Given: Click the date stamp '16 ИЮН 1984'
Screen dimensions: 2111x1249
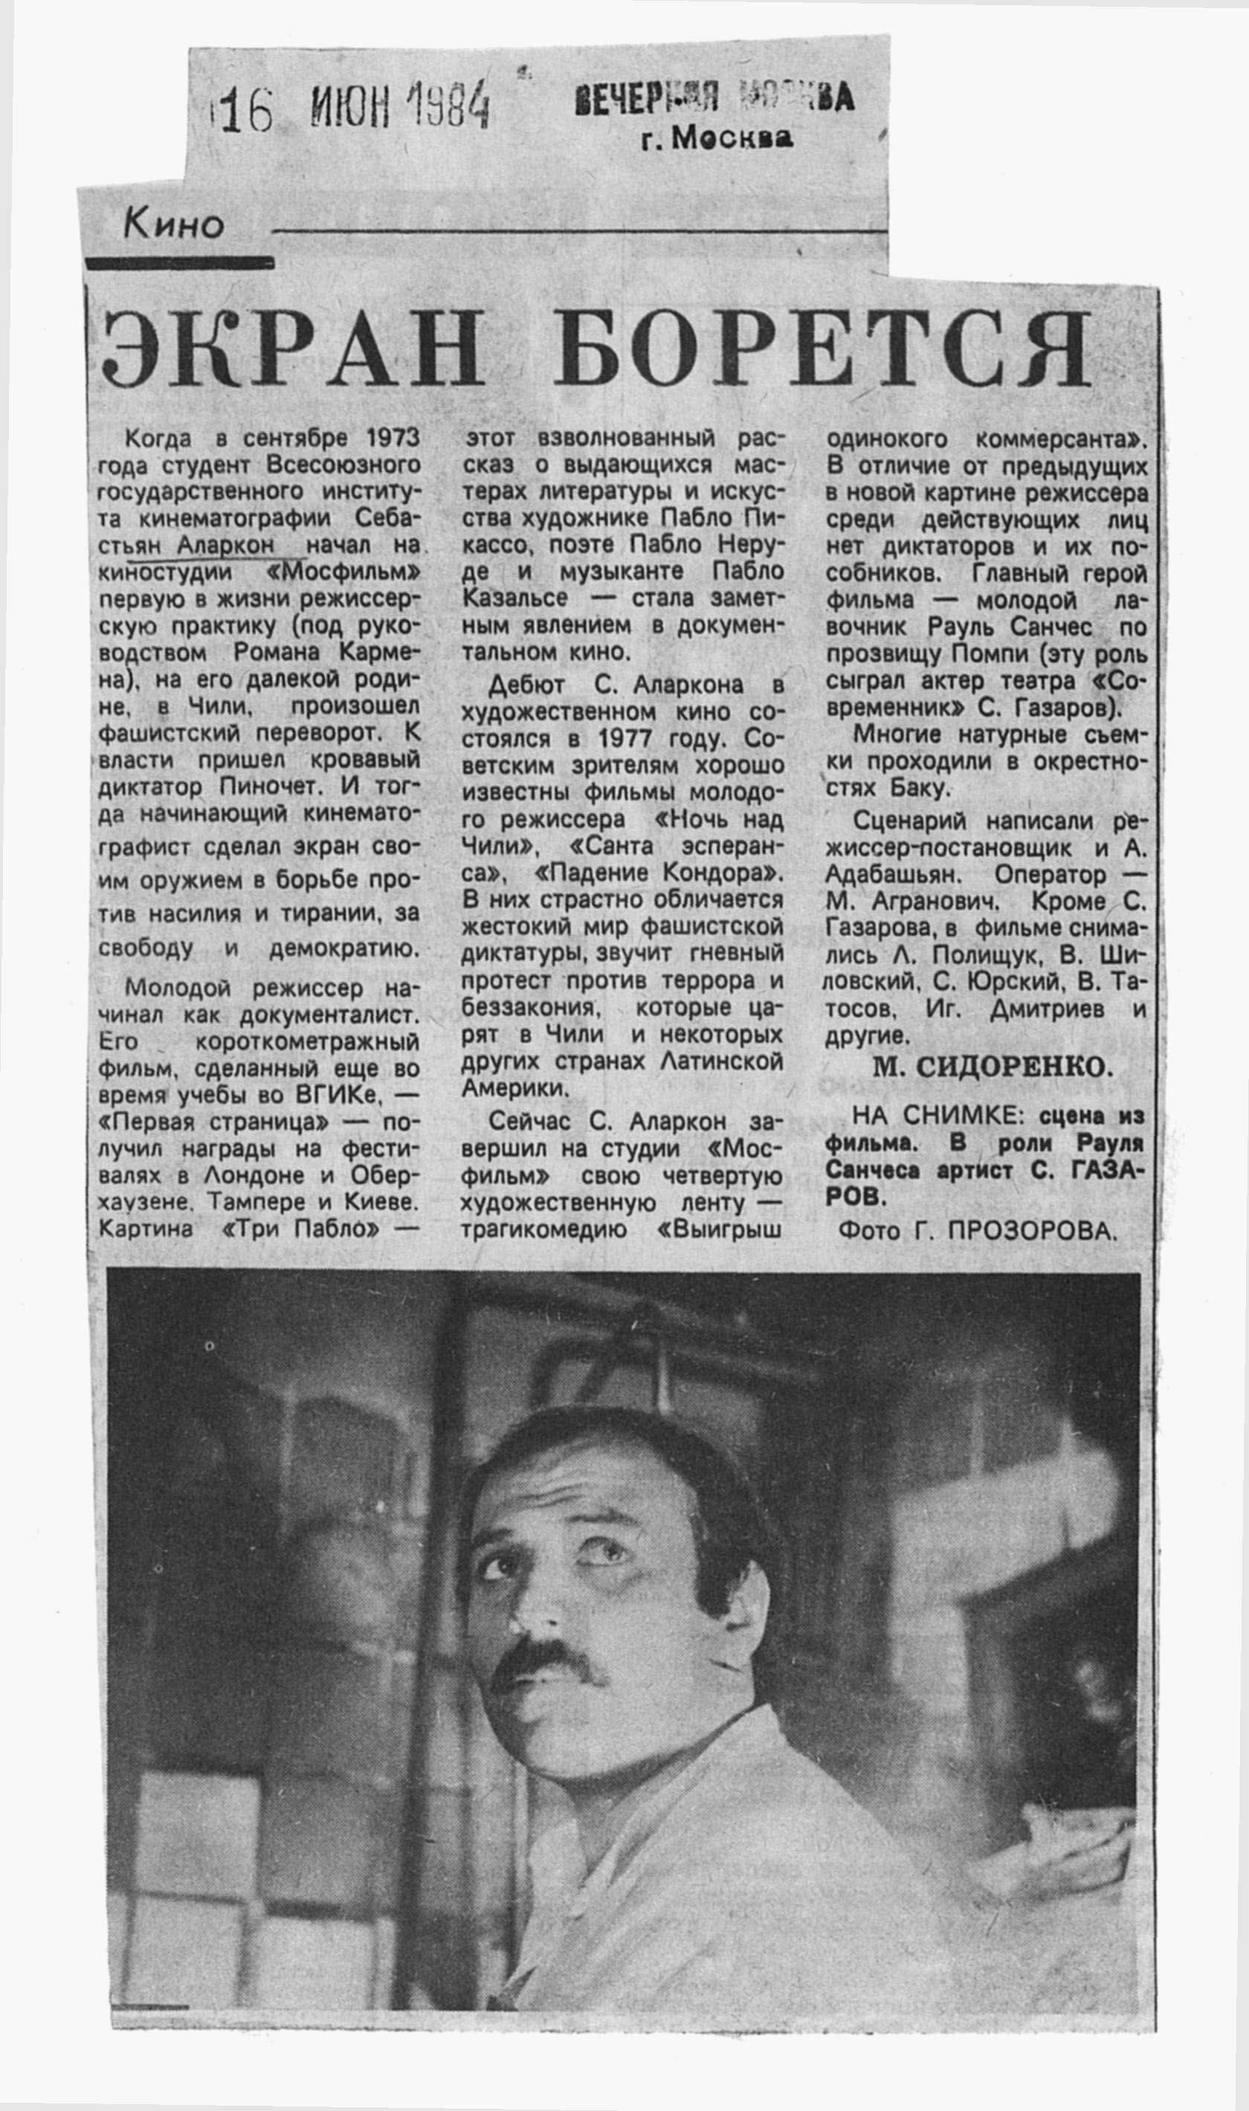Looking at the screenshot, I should tap(349, 109).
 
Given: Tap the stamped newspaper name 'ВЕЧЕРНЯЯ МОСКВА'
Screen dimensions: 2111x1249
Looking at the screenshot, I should tap(714, 100).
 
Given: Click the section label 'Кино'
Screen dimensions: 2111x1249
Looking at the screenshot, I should tap(174, 224).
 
